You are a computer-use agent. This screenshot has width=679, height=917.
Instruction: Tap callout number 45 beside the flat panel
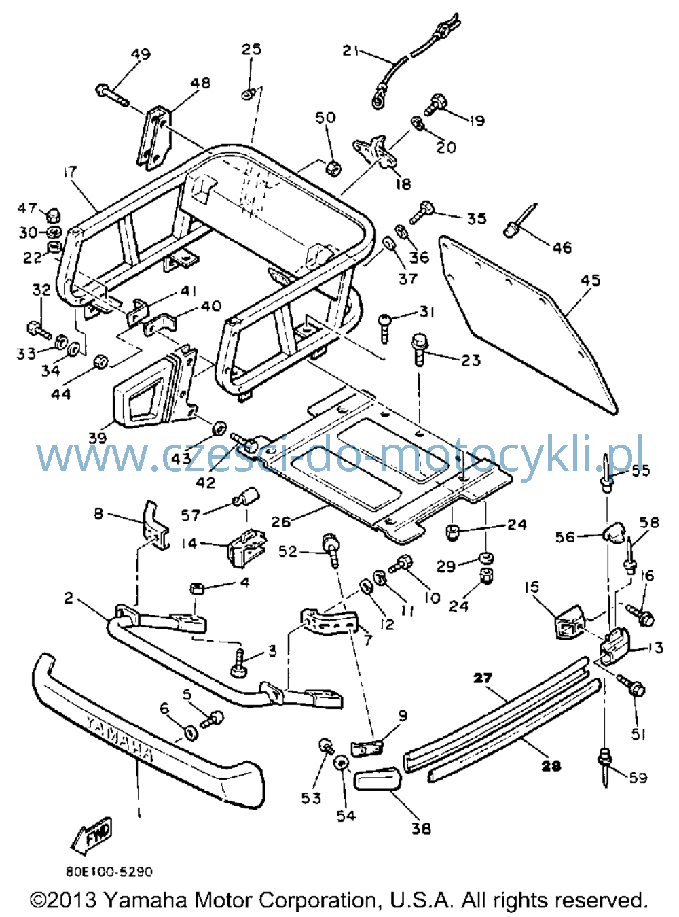pos(590,280)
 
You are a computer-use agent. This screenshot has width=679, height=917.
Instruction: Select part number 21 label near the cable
pos(350,51)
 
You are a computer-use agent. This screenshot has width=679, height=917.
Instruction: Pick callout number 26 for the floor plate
pos(281,522)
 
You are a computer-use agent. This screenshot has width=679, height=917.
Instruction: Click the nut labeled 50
pos(333,169)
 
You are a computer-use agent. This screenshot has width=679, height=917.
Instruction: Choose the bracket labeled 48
pos(153,139)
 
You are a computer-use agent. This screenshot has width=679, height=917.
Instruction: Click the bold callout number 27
pos(483,678)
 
